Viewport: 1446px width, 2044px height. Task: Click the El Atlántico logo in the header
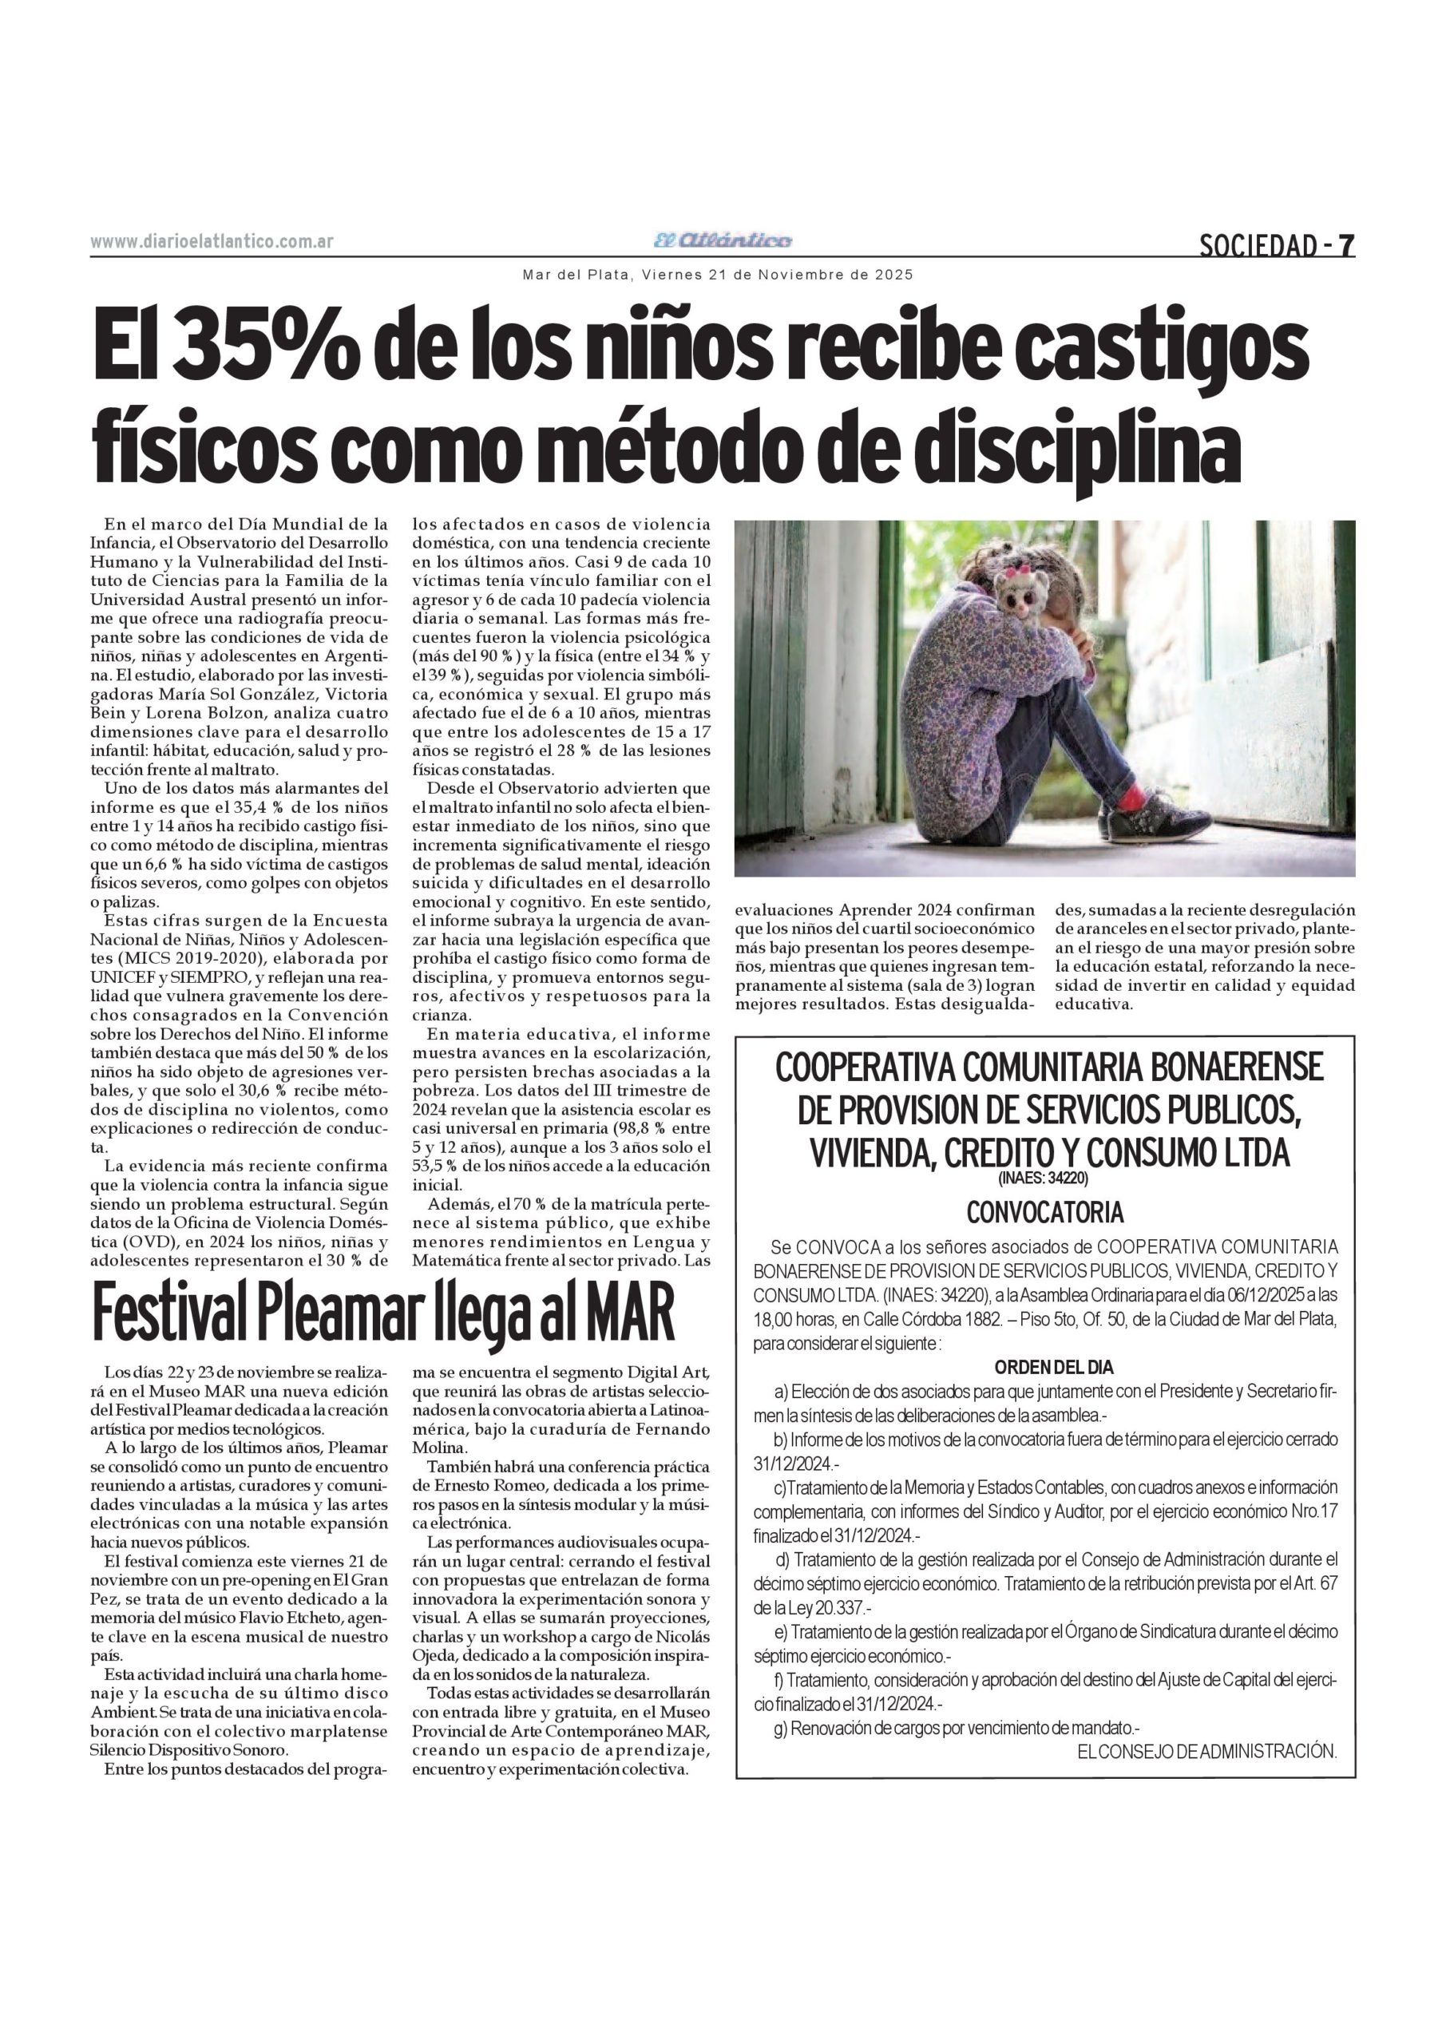click(722, 240)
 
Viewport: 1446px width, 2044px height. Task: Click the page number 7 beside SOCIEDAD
click(1347, 245)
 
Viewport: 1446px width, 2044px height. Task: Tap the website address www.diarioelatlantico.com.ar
click(212, 241)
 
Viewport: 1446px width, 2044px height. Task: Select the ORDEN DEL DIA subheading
click(1053, 1366)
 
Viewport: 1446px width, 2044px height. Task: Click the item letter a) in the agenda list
click(782, 1391)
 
